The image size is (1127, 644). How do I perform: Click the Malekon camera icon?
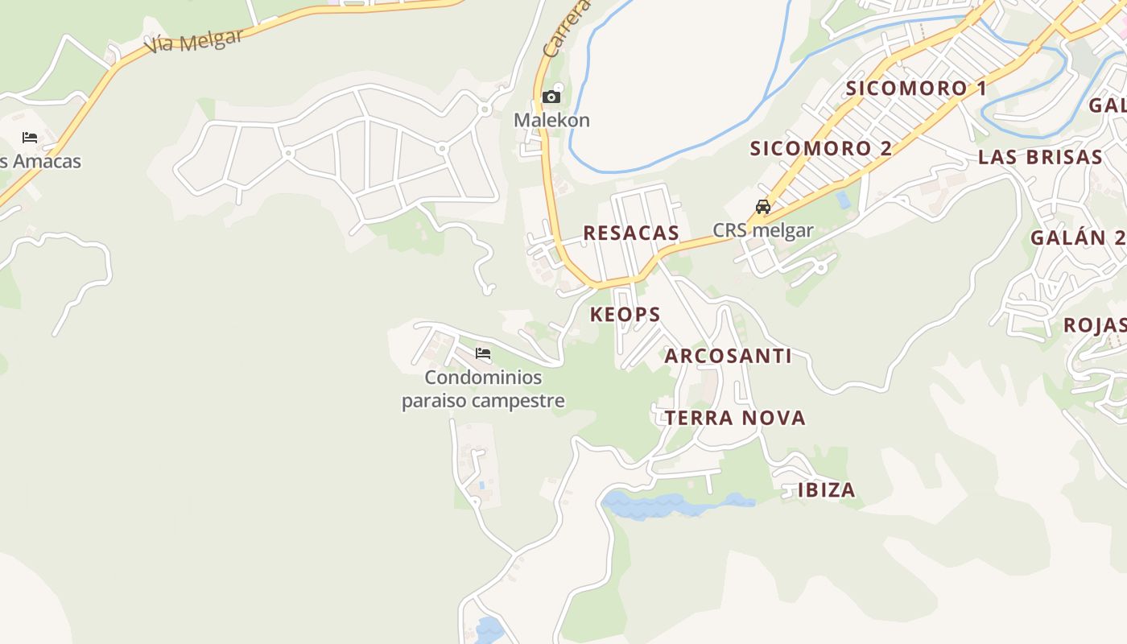pyautogui.click(x=551, y=97)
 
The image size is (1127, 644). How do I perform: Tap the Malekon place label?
pyautogui.click(x=551, y=120)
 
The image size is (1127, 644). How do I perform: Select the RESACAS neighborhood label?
pyautogui.click(x=631, y=233)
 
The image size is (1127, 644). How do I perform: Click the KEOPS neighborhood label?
pyautogui.click(x=625, y=314)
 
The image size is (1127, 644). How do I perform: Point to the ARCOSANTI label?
pyautogui.click(x=728, y=356)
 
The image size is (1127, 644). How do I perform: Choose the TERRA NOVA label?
pyautogui.click(x=735, y=418)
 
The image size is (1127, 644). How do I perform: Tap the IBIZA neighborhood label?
pyautogui.click(x=826, y=490)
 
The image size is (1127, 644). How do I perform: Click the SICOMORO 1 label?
pyautogui.click(x=915, y=88)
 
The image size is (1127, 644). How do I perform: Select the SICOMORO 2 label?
pyautogui.click(x=821, y=148)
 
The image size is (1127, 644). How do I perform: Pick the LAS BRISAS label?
pyautogui.click(x=1039, y=157)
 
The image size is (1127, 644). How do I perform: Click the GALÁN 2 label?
pyautogui.click(x=1077, y=237)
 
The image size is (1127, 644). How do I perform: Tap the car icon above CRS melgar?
pyautogui.click(x=762, y=207)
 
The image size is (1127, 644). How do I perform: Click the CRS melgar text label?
pyautogui.click(x=762, y=230)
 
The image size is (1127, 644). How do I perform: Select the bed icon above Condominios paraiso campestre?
pyautogui.click(x=483, y=353)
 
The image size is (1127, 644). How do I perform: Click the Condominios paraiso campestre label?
pyautogui.click(x=483, y=389)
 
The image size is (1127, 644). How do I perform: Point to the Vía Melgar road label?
pyautogui.click(x=193, y=40)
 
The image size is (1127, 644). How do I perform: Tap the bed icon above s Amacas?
pyautogui.click(x=30, y=138)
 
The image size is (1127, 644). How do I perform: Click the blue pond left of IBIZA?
pyautogui.click(x=660, y=506)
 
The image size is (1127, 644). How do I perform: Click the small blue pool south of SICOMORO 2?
pyautogui.click(x=843, y=199)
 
